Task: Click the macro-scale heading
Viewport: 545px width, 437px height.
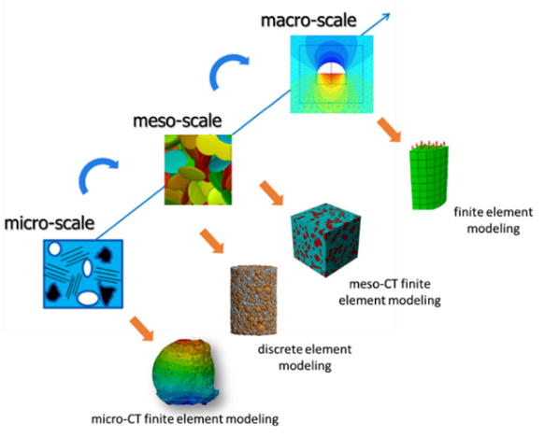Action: (x=308, y=21)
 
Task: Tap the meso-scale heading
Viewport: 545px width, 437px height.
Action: (x=178, y=120)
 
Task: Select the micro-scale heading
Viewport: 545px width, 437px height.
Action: (x=50, y=223)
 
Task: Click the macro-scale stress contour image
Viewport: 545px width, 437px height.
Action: (x=332, y=75)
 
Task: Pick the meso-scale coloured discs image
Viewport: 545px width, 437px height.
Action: (x=198, y=170)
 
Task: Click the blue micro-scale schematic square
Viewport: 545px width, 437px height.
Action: (x=83, y=274)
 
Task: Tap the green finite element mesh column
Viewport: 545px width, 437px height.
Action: (x=429, y=176)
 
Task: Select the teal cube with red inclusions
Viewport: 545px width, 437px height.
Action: (x=325, y=240)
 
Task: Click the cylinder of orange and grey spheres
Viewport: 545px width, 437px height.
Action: (x=253, y=301)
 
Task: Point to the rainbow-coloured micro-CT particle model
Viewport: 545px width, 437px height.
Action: (x=186, y=373)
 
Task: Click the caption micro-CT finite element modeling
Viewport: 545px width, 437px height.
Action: (x=185, y=419)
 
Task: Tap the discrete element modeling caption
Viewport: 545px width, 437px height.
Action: (x=305, y=358)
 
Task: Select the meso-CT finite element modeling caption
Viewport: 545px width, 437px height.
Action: (x=390, y=292)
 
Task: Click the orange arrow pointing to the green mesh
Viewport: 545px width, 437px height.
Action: (x=389, y=130)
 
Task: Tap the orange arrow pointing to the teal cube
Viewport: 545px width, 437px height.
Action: (x=271, y=193)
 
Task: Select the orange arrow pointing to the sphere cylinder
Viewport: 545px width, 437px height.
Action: (x=211, y=241)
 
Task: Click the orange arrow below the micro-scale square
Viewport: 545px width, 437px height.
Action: (x=141, y=329)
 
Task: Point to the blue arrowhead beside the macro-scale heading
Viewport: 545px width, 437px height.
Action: (x=385, y=18)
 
